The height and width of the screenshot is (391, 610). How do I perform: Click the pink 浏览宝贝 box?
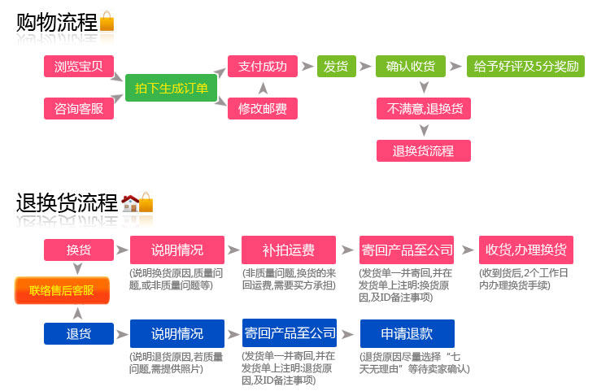pyautogui.click(x=78, y=67)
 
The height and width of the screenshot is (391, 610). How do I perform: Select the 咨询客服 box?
pyautogui.click(x=78, y=108)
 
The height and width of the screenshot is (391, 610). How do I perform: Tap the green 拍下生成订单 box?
pyautogui.click(x=171, y=88)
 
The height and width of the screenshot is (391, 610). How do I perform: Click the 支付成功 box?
pyautogui.click(x=262, y=67)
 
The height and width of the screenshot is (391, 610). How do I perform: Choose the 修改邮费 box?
pyautogui.click(x=262, y=108)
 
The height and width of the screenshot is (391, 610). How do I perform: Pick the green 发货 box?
pyautogui.click(x=336, y=67)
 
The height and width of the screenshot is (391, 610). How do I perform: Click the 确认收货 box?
pyautogui.click(x=410, y=67)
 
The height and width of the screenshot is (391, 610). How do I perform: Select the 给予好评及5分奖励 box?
pyautogui.click(x=525, y=67)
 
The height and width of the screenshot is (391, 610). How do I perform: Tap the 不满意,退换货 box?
pyautogui.click(x=423, y=108)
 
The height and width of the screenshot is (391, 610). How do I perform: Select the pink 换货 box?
pyautogui.click(x=78, y=250)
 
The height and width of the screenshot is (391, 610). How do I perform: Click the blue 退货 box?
pyautogui.click(x=78, y=332)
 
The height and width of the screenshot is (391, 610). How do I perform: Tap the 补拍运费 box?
pyautogui.click(x=289, y=250)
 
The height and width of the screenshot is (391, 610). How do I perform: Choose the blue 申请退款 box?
pyautogui.click(x=407, y=332)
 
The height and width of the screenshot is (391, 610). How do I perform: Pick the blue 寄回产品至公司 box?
pyautogui.click(x=289, y=332)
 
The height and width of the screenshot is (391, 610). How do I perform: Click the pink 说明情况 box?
pyautogui.click(x=176, y=250)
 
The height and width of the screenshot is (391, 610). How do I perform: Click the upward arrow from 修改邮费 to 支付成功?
pyautogui.click(x=262, y=87)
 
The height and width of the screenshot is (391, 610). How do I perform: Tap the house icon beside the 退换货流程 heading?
pyautogui.click(x=129, y=203)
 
